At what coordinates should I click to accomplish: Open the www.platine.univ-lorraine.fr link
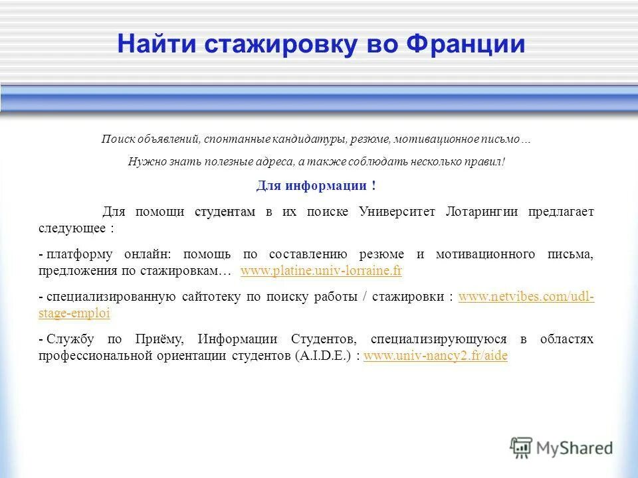(x=321, y=271)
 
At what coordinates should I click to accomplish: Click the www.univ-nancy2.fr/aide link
(x=436, y=356)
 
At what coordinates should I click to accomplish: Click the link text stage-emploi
(x=74, y=313)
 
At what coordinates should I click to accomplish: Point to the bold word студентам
(x=225, y=212)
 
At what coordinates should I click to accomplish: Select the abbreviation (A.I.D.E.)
(x=322, y=356)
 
